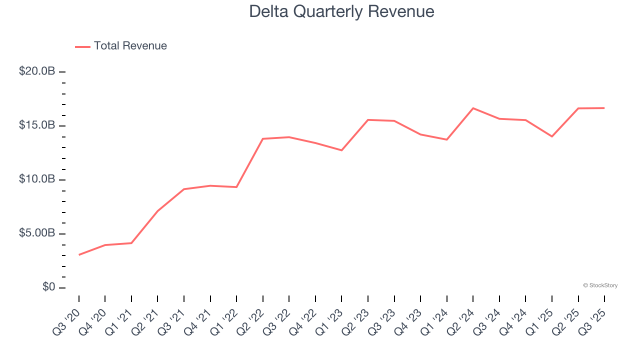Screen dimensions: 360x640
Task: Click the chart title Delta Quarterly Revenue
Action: pos(341,11)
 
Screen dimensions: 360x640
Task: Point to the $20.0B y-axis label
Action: pos(37,71)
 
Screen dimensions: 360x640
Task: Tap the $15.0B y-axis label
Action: pos(37,125)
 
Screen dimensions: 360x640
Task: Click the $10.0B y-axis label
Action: pos(37,179)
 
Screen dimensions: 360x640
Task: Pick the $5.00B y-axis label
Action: pos(37,233)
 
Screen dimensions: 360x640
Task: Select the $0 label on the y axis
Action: pos(48,287)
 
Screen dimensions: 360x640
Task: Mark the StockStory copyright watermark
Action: pos(600,285)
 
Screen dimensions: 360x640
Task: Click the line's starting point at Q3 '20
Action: pos(79,255)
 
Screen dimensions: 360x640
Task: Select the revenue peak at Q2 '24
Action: pos(473,108)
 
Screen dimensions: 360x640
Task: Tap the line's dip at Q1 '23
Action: pos(341,150)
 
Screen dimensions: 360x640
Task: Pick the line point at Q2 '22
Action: pos(263,138)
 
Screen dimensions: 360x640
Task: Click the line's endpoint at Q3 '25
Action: pos(604,108)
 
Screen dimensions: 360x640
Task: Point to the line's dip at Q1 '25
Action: pos(552,136)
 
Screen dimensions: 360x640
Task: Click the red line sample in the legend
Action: pos(82,46)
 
